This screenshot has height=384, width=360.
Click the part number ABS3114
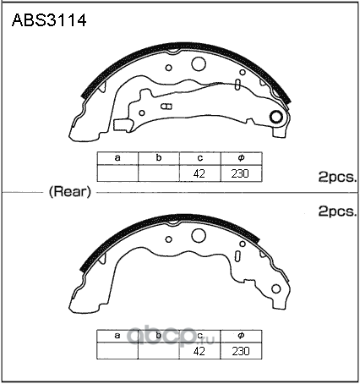pyautogui.click(x=49, y=20)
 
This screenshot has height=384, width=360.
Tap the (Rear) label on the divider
pyautogui.click(x=70, y=192)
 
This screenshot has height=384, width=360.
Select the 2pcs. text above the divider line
pyautogui.click(x=337, y=177)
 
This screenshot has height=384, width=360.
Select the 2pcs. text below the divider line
pyautogui.click(x=337, y=211)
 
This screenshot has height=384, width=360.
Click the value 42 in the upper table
pyautogui.click(x=199, y=173)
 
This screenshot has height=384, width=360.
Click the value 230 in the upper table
pyautogui.click(x=240, y=173)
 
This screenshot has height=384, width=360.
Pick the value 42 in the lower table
pyautogui.click(x=199, y=351)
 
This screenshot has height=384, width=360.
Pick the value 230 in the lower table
pyautogui.click(x=241, y=351)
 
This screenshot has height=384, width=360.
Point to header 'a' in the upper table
pyautogui.click(x=117, y=158)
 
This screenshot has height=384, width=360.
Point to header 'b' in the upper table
pyautogui.click(x=159, y=157)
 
